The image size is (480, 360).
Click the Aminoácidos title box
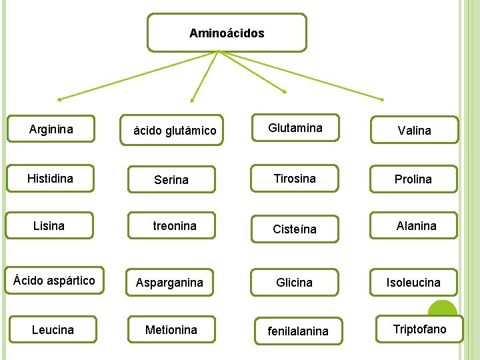click(x=227, y=33)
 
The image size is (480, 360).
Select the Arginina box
click(x=51, y=129)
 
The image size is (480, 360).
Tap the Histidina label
click(x=50, y=179)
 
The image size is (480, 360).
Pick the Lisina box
click(x=49, y=226)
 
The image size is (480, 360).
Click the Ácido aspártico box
click(x=54, y=281)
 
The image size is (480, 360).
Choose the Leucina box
click(x=53, y=329)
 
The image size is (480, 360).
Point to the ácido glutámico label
click(x=175, y=131)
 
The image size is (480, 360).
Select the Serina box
click(x=171, y=179)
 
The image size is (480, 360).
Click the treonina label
click(x=175, y=226)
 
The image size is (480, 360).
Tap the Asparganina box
click(x=169, y=282)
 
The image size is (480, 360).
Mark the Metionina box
click(x=171, y=329)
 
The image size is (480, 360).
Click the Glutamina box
click(x=295, y=128)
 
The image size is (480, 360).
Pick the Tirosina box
click(x=295, y=179)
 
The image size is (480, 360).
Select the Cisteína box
click(x=295, y=229)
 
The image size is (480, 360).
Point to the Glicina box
click(x=295, y=282)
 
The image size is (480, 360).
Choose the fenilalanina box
click(x=298, y=331)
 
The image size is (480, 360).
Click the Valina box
click(x=415, y=130)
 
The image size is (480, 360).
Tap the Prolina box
click(x=413, y=179)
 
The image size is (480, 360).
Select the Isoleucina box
click(x=413, y=282)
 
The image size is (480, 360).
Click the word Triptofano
click(x=419, y=329)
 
